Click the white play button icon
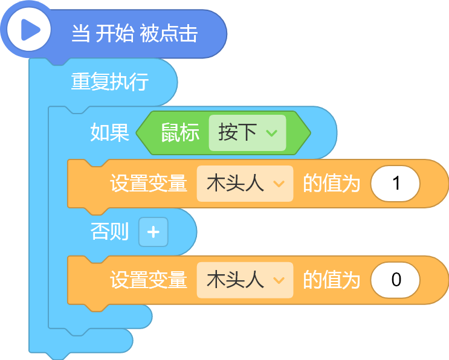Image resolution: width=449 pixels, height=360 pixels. click(x=28, y=30)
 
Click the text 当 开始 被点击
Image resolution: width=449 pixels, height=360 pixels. click(x=135, y=33)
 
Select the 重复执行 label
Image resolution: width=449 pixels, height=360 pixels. click(x=110, y=82)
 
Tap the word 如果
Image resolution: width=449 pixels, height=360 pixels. click(x=109, y=132)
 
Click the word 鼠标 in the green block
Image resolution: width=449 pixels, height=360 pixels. click(x=180, y=132)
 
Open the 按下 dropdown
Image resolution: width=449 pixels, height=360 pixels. click(x=247, y=133)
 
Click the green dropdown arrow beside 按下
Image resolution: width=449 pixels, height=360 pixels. click(x=271, y=133)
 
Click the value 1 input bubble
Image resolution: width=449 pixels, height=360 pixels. click(x=395, y=184)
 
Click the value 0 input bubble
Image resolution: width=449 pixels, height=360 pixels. click(x=395, y=280)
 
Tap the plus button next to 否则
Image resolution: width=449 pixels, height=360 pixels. click(x=153, y=232)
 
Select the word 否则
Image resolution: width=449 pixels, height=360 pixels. click(x=109, y=231)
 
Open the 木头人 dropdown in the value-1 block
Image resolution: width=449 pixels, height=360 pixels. click(x=245, y=184)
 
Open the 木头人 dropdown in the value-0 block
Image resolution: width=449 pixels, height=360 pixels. click(x=245, y=280)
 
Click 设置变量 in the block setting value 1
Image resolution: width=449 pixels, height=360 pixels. click(x=149, y=184)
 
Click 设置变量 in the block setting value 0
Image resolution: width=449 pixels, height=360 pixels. click(x=149, y=280)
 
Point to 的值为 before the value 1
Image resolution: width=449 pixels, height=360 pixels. click(x=332, y=184)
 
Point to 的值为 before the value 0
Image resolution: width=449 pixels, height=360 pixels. click(x=332, y=280)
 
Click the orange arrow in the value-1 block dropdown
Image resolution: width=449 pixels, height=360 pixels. click(x=279, y=184)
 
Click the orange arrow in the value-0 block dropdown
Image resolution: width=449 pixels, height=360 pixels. click(x=279, y=280)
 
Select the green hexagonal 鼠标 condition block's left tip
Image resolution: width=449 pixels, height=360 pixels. click(x=137, y=133)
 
